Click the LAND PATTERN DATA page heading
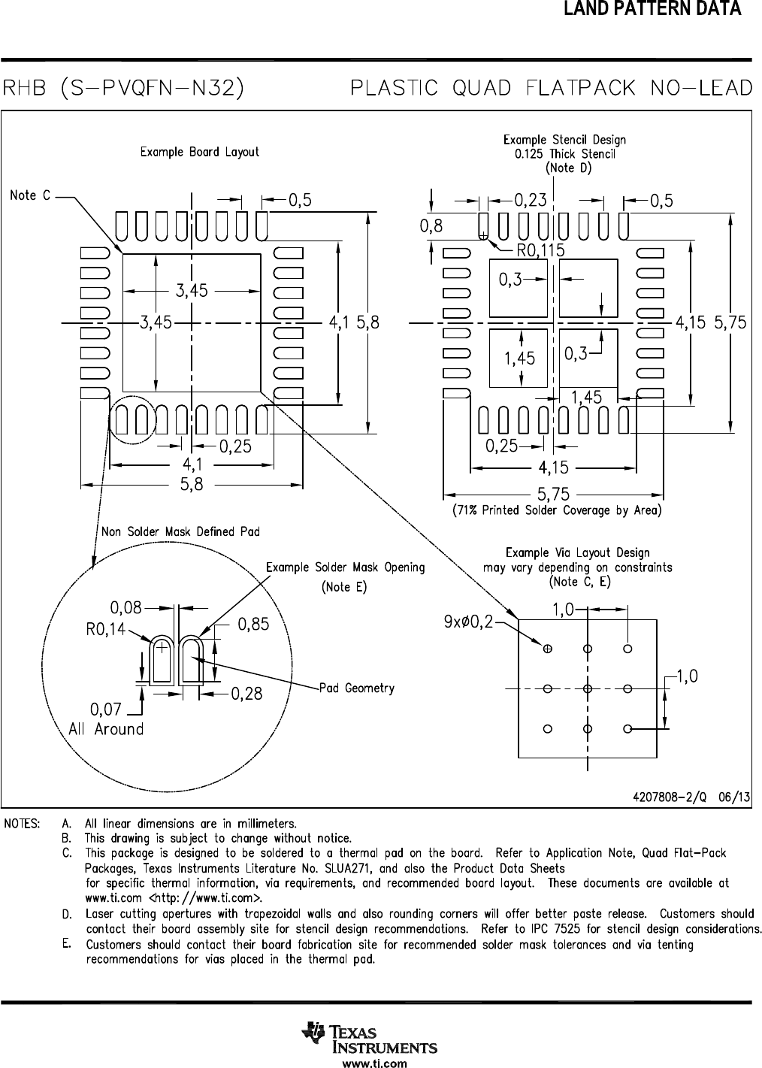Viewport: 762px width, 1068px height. point(652,8)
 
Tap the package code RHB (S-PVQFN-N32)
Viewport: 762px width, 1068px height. point(123,88)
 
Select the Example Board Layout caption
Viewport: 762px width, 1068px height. point(199,152)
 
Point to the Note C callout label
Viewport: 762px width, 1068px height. point(30,195)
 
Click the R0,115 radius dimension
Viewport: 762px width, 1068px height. point(541,250)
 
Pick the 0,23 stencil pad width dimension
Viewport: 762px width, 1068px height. point(531,200)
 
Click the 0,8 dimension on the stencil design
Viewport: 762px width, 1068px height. point(431,225)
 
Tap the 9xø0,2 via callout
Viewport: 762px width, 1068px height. point(468,622)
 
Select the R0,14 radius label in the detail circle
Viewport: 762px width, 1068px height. point(106,630)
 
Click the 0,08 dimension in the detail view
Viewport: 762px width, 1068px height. point(126,608)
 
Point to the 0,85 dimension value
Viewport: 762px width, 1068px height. point(253,624)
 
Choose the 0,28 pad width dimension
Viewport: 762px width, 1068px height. point(246,694)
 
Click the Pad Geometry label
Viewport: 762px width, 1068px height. point(357,688)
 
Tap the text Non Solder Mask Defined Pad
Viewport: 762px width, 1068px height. point(180,531)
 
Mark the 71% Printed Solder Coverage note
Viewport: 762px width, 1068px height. point(557,510)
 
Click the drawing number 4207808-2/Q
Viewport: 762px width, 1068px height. point(670,797)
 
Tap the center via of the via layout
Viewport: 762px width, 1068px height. point(588,688)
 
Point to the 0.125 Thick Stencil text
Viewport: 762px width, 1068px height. point(565,154)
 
